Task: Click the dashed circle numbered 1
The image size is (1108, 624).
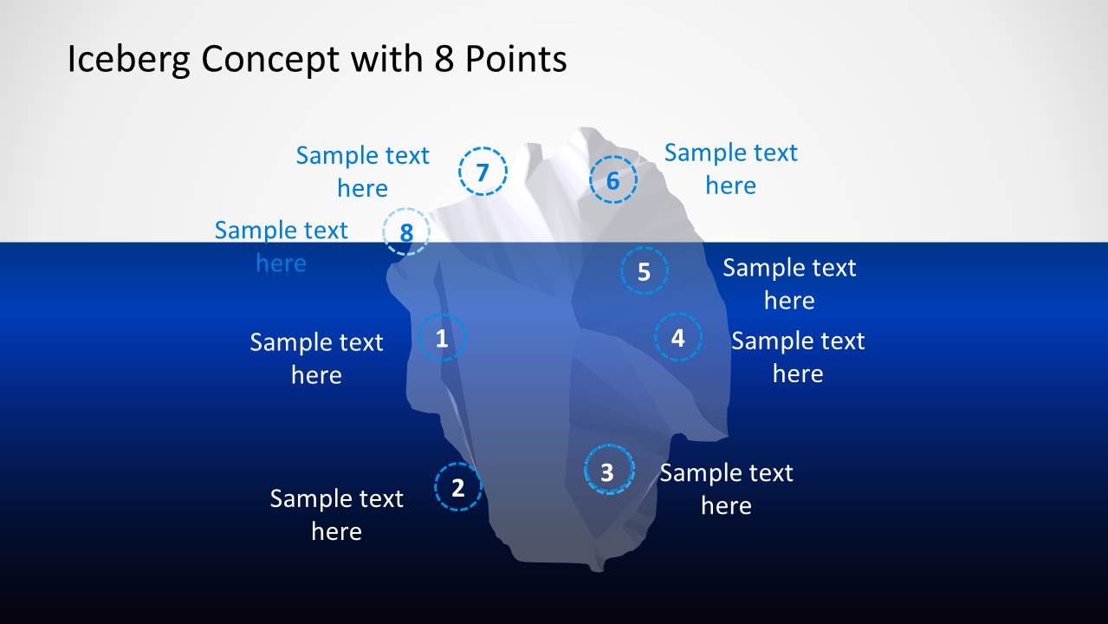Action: point(442,338)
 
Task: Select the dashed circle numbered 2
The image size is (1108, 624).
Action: point(457,487)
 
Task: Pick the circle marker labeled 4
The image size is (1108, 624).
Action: point(678,337)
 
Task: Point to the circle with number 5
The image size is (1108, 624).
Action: point(644,270)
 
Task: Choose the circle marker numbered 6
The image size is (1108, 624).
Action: point(612,180)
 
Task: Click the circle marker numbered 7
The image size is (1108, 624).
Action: point(483,172)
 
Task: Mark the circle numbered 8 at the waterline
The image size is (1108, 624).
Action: point(406,231)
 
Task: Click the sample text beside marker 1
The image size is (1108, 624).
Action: point(316,358)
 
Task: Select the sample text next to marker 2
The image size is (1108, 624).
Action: point(336,514)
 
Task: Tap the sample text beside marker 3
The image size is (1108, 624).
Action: point(726,488)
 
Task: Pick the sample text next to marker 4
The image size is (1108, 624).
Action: point(798,356)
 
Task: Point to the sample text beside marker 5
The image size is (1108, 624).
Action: point(789,283)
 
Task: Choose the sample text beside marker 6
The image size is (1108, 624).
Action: point(730,168)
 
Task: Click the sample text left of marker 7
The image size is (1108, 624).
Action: point(362,171)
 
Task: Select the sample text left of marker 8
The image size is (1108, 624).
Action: point(281,245)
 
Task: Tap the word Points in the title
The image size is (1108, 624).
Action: point(515,59)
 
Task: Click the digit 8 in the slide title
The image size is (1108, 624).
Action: point(440,59)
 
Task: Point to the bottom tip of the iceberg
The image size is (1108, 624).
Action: point(596,568)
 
